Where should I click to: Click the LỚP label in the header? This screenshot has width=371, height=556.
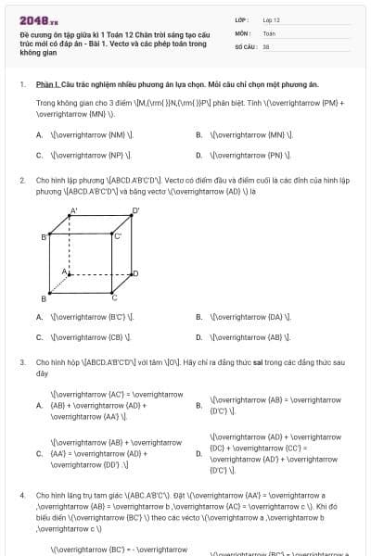[241, 19]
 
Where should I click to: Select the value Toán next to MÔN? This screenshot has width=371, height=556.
[269, 32]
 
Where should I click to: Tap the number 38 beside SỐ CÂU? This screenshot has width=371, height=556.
[266, 45]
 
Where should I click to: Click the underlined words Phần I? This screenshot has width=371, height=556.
[47, 84]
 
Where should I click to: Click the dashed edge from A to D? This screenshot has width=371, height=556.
[102, 274]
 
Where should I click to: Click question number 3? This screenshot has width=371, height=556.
[21, 362]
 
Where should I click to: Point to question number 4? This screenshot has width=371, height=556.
[21, 496]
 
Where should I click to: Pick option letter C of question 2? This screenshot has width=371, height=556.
[40, 337]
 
